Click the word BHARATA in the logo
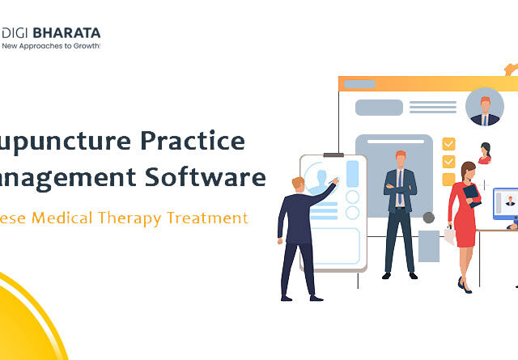68,33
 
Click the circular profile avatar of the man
485,107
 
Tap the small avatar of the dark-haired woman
485,153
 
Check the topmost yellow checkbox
448,144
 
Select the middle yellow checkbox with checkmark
448,160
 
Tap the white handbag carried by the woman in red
449,235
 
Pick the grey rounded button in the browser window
379,108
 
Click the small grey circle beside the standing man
428,218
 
